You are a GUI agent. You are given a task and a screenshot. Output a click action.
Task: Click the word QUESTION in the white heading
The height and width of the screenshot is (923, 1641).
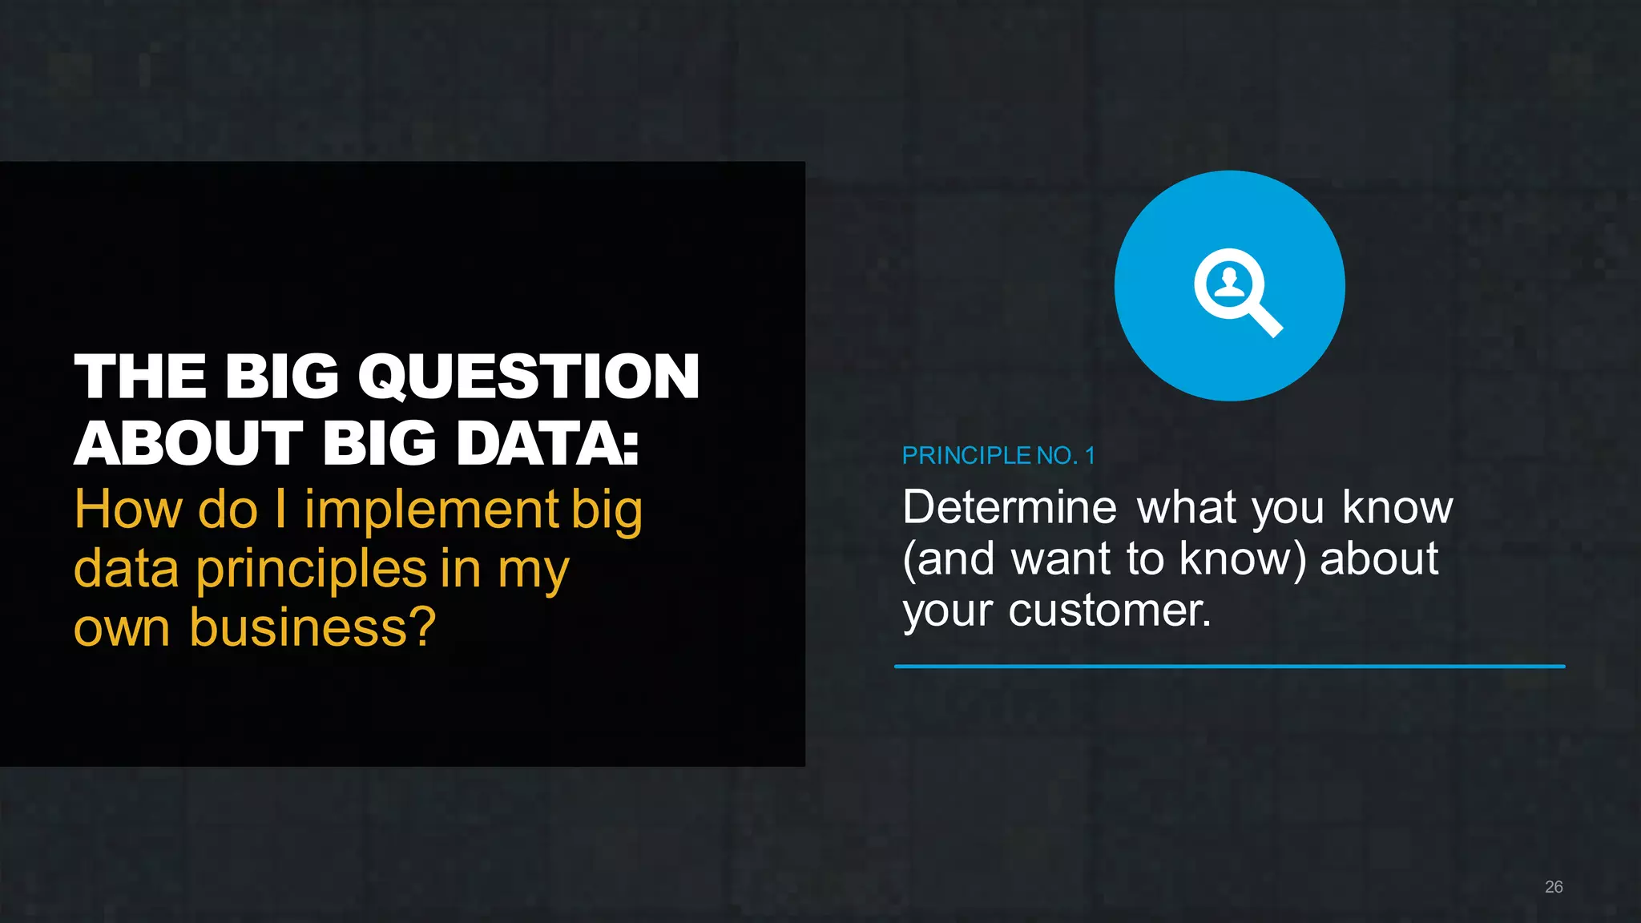click(x=529, y=377)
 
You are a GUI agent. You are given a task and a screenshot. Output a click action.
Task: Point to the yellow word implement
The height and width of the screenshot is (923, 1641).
click(x=431, y=510)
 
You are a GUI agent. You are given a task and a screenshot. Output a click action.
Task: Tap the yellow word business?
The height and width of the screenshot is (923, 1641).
click(x=312, y=627)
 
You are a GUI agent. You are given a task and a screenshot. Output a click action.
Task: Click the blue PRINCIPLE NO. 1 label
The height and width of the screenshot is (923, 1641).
click(x=998, y=456)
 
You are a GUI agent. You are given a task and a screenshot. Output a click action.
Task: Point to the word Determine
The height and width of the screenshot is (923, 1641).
click(x=1009, y=507)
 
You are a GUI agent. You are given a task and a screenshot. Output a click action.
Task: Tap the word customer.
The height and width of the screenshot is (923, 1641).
click(x=1109, y=611)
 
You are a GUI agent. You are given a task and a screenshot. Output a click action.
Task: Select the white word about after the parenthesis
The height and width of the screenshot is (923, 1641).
click(x=1378, y=559)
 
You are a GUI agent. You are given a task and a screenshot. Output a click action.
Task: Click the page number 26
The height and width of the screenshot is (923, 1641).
click(x=1553, y=887)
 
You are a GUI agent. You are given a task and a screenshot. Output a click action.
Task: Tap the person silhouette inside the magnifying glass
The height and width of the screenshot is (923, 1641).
click(x=1229, y=283)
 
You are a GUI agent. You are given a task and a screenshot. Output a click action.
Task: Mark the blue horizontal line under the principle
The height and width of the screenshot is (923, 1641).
click(x=1229, y=666)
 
